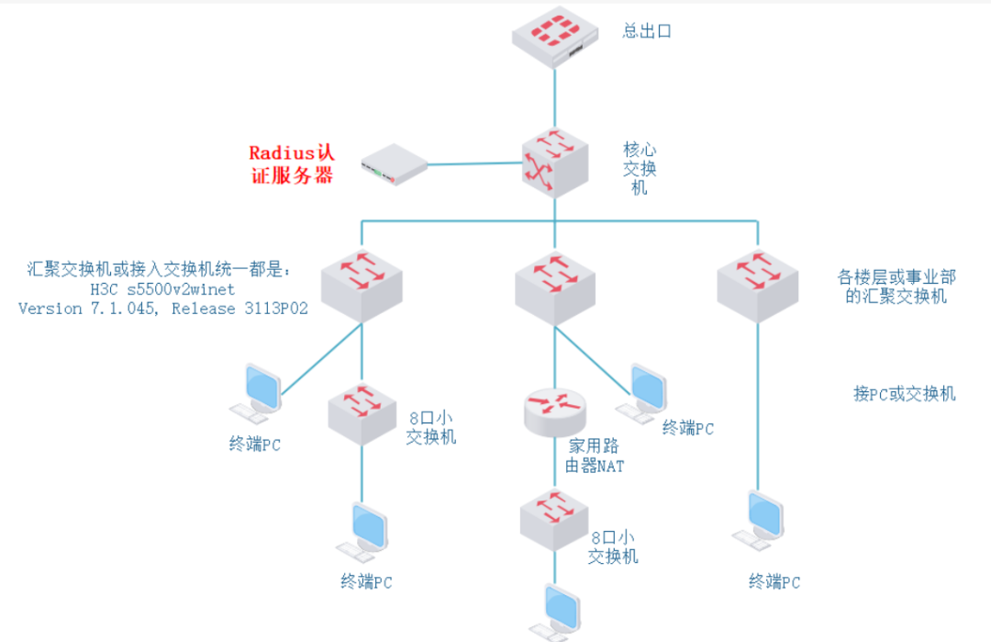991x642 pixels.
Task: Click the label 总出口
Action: coord(647,31)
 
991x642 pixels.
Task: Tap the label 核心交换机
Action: coord(640,167)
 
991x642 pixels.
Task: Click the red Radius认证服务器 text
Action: coord(291,163)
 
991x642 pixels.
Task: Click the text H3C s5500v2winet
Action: coord(162,289)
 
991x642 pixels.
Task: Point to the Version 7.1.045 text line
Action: coord(162,310)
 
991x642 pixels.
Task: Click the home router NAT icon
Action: coord(554,411)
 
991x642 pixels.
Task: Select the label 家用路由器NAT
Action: coord(596,456)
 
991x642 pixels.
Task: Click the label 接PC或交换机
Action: coord(904,394)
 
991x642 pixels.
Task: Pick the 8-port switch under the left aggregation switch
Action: coord(361,411)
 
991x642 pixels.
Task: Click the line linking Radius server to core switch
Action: coord(474,163)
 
